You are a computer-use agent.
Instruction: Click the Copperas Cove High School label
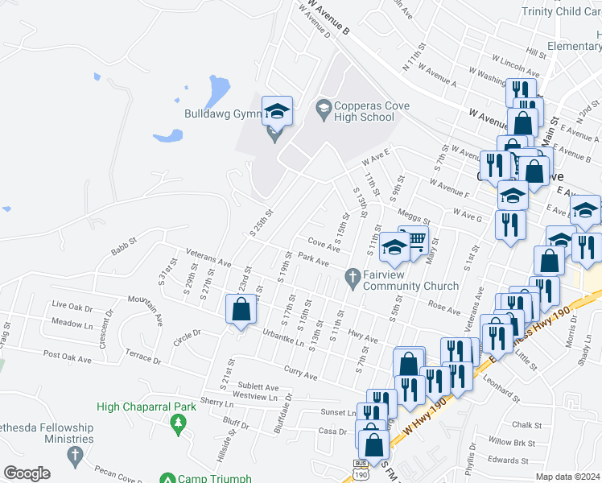pos(364,112)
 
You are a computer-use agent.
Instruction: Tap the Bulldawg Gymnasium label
pos(219,114)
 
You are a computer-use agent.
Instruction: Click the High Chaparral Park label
pos(146,407)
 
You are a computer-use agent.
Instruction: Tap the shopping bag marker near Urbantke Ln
pos(241,310)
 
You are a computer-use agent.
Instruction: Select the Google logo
pos(27,473)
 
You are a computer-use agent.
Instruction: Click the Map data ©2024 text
pos(567,477)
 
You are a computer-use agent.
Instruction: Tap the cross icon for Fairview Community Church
pos(351,279)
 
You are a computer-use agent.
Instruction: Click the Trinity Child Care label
pos(561,11)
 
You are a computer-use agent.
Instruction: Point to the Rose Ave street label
pos(443,308)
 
